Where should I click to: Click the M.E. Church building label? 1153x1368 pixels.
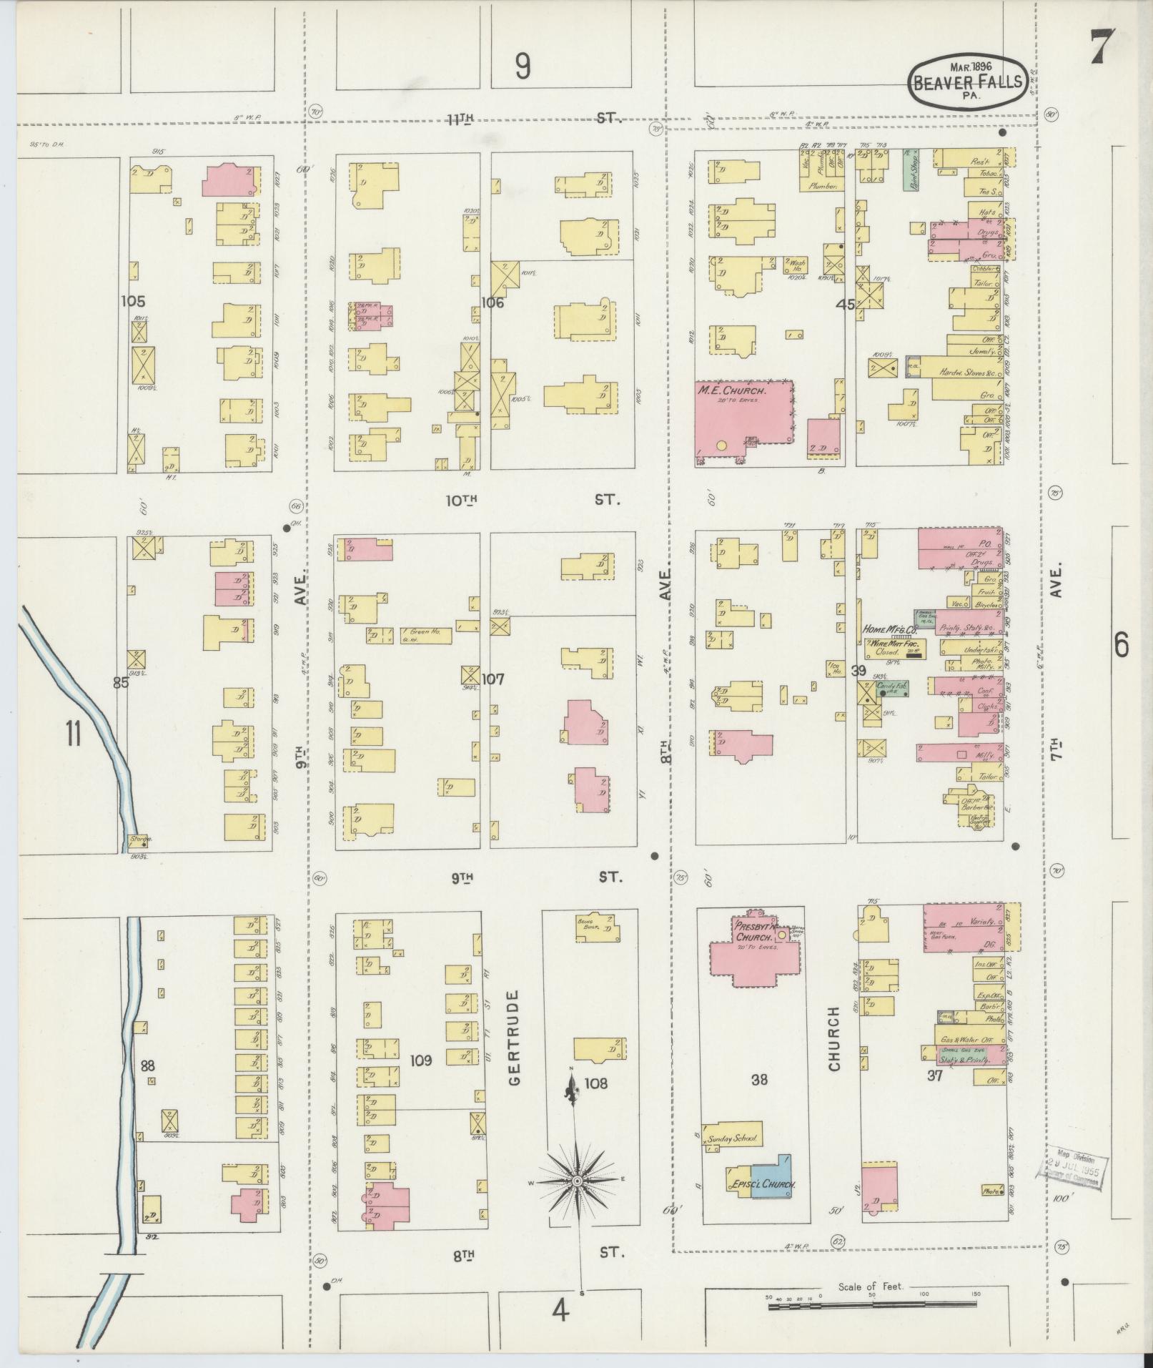[x=731, y=392]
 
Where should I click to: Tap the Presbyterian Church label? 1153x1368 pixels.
[x=753, y=931]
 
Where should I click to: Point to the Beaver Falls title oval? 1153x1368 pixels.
[x=969, y=82]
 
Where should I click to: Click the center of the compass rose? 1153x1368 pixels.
[x=575, y=1181]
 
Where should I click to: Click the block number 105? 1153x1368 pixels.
[x=133, y=301]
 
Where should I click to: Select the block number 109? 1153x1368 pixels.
[x=421, y=1061]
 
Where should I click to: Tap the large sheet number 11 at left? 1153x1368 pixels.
[x=73, y=734]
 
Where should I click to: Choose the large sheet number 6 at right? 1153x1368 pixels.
[x=1120, y=646]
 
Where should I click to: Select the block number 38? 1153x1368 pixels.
[x=758, y=1080]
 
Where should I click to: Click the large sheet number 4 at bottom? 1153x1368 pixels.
[x=560, y=1311]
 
